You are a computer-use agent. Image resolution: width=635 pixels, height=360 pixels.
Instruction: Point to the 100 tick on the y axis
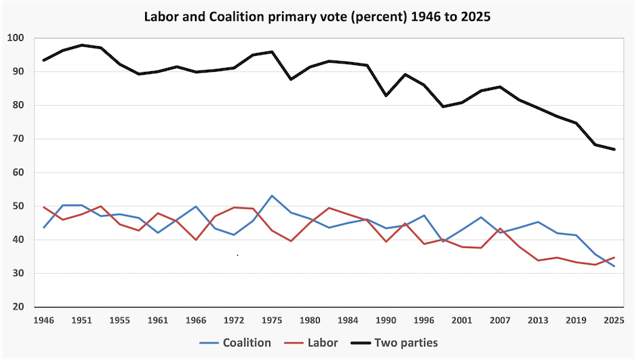[17, 38]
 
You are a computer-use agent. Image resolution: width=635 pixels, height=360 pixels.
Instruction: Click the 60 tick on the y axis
[19, 172]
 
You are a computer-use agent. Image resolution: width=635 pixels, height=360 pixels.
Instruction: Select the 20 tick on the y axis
[19, 307]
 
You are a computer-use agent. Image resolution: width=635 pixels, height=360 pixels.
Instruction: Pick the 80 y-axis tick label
[19, 105]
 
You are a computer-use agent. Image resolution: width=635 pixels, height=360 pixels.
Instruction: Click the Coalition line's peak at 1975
[272, 196]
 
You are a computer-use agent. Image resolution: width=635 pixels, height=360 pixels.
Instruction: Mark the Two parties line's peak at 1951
[82, 45]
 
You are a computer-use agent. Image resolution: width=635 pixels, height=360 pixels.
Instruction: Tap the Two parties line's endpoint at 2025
[615, 150]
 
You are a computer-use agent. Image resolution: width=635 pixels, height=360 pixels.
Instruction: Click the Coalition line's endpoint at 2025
[615, 266]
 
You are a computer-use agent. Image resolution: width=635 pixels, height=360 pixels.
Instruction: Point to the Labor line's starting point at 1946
[44, 207]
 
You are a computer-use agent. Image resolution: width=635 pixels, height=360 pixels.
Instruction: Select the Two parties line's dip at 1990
[386, 95]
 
